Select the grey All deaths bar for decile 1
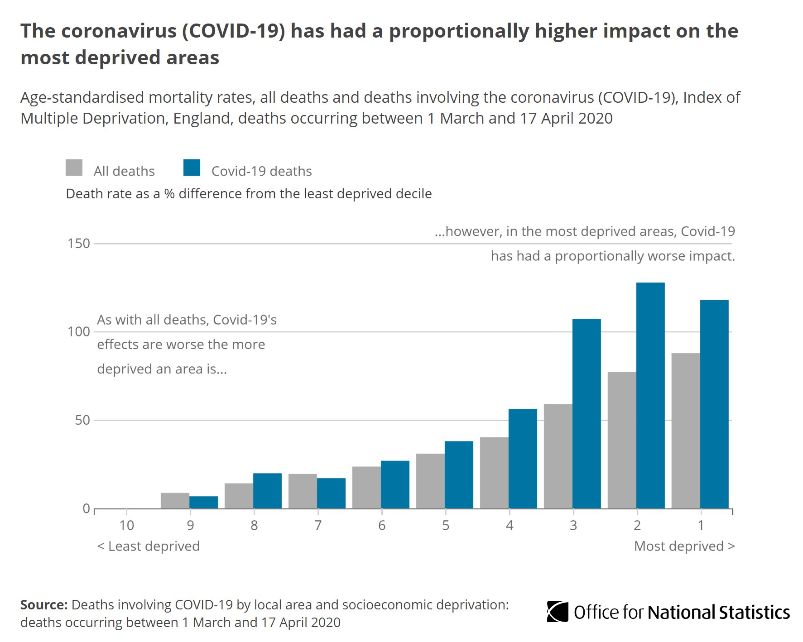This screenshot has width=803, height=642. (x=685, y=431)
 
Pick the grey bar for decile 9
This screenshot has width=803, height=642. (x=175, y=500)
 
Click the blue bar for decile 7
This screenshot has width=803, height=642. (x=331, y=493)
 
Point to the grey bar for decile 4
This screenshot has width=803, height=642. (x=494, y=473)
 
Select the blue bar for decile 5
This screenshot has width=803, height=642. (x=459, y=474)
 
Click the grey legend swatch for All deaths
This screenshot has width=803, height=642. (x=74, y=168)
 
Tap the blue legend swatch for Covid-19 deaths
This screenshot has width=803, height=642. (x=192, y=168)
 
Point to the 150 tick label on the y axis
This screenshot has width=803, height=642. (x=79, y=244)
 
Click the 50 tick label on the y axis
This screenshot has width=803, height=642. (x=82, y=420)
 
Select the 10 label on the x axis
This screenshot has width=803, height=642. (x=126, y=525)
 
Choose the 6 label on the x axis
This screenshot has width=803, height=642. (x=382, y=525)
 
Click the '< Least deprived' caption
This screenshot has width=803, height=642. (x=149, y=546)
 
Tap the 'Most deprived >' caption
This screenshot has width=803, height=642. (x=684, y=546)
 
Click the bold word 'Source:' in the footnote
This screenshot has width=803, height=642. (x=44, y=605)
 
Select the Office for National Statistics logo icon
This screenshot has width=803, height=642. (x=558, y=612)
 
